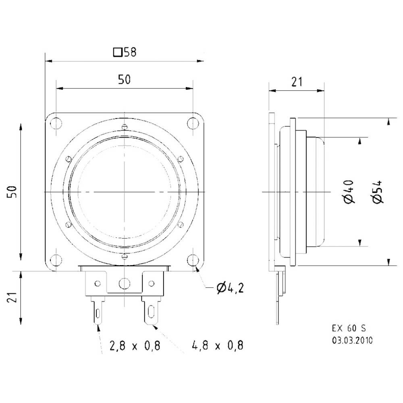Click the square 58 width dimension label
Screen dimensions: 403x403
pos(125,52)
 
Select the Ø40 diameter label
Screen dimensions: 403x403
pos(349,192)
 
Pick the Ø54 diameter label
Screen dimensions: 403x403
pos(377,192)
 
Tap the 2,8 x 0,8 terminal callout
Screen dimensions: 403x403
pos(135,346)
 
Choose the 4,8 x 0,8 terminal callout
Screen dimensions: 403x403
pos(218,345)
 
